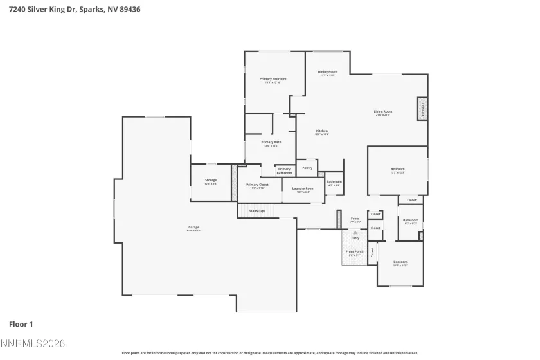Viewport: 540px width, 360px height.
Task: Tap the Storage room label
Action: [x=211, y=181]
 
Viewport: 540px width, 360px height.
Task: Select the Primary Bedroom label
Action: [x=273, y=80]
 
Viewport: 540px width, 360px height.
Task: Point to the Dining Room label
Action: [x=328, y=73]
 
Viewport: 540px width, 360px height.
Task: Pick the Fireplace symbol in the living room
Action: [x=422, y=109]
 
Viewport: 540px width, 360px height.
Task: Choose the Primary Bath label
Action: [x=271, y=143]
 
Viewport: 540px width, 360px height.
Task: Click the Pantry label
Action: [x=307, y=168]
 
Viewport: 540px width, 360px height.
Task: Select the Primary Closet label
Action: [x=257, y=185]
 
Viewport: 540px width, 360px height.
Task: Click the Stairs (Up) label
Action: [x=257, y=210]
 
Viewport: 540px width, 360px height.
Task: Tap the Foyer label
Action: [x=354, y=220]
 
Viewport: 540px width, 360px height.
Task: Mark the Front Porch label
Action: [x=354, y=252]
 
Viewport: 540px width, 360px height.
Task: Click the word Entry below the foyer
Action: [x=355, y=237]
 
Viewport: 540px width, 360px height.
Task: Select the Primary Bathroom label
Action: [x=284, y=170]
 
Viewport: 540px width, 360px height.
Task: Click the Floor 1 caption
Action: [x=21, y=324]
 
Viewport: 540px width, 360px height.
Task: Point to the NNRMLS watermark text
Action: [x=33, y=345]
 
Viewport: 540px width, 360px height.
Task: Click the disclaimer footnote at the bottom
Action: [x=270, y=352]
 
